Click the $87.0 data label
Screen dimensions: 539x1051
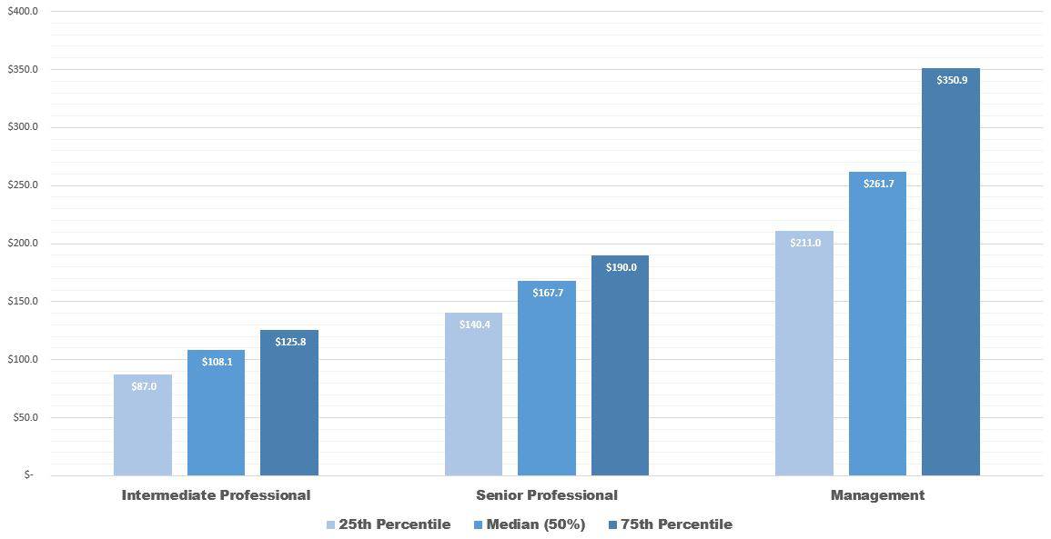(x=143, y=386)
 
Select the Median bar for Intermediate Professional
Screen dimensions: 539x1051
(x=216, y=418)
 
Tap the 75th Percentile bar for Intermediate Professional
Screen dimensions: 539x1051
(x=289, y=409)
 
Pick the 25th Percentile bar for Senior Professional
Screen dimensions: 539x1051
(x=473, y=400)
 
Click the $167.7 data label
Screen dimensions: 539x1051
(x=547, y=293)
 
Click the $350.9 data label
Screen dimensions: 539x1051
(x=951, y=80)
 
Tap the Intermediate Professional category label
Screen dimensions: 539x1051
(x=216, y=495)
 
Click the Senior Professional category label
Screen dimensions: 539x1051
(x=546, y=495)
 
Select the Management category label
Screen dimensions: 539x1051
(x=877, y=495)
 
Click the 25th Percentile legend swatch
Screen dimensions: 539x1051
(x=330, y=524)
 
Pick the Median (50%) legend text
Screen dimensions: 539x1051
(x=536, y=524)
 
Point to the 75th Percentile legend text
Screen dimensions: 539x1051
(x=676, y=524)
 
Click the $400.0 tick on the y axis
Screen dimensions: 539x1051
(x=22, y=12)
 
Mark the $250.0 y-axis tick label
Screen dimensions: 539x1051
(x=22, y=185)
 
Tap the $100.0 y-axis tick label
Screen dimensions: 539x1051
(x=22, y=360)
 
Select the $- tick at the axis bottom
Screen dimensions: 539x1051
(x=28, y=475)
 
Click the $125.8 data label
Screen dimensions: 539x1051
(x=289, y=342)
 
